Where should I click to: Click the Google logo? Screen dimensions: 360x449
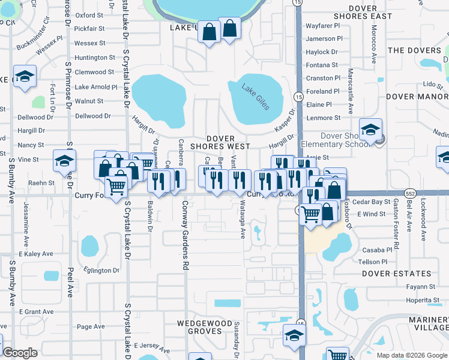pyautogui.click(x=20, y=353)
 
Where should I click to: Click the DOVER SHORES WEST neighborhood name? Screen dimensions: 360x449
pyautogui.click(x=220, y=142)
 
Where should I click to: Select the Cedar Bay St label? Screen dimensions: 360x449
pyautogui.click(x=371, y=202)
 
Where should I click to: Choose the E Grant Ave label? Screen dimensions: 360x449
pyautogui.click(x=36, y=311)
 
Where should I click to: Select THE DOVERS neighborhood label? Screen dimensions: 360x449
pyautogui.click(x=415, y=50)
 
